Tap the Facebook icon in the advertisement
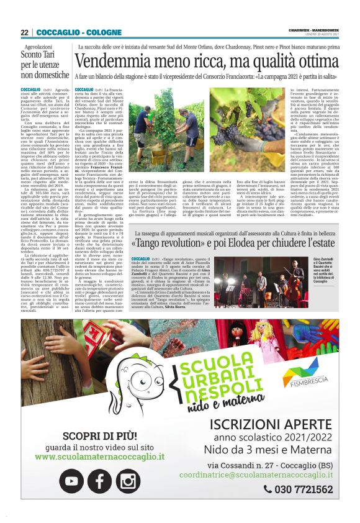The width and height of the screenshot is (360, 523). (x=99, y=480)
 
